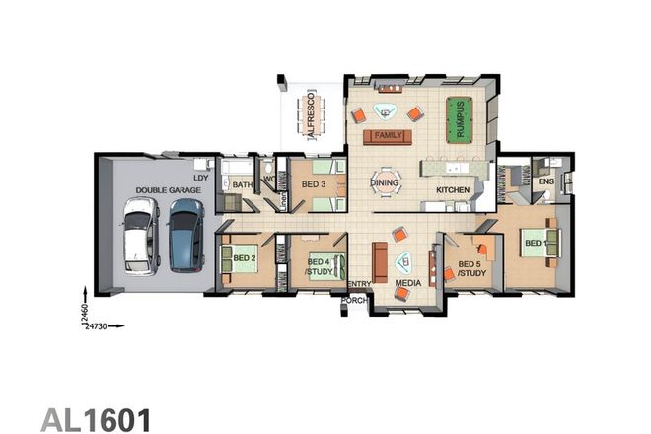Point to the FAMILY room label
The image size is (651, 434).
(x=388, y=135)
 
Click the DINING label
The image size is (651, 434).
(x=384, y=182)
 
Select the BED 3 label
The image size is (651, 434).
(x=314, y=184)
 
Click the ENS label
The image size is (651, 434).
(x=545, y=181)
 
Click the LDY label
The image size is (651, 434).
(x=200, y=178)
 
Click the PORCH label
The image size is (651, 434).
(x=354, y=299)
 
